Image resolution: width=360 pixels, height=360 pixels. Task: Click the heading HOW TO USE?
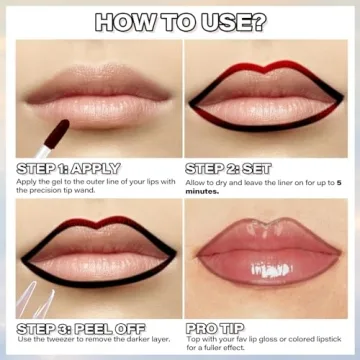point(180,21)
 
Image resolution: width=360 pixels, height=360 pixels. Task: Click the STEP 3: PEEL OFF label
point(81,327)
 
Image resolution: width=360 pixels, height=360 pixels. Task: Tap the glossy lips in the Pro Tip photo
point(264,265)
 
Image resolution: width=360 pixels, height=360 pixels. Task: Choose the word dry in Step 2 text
point(229,182)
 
